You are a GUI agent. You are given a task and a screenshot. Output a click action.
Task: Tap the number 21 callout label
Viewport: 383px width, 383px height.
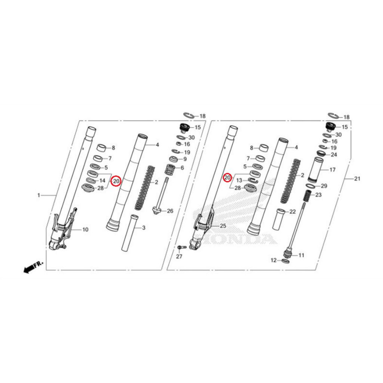[x=357, y=179]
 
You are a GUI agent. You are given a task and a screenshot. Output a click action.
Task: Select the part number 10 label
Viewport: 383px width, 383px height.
[x=85, y=229]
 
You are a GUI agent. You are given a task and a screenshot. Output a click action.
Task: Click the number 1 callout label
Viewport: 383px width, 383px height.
[x=39, y=195]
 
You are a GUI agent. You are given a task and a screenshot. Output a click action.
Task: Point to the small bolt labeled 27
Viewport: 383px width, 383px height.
[x=182, y=248]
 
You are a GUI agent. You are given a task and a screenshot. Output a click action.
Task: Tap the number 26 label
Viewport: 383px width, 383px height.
[x=170, y=211]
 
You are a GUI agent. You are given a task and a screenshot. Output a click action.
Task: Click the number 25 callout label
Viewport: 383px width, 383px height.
[x=223, y=226]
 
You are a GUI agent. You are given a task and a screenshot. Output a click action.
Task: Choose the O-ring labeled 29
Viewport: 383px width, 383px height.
[x=310, y=186]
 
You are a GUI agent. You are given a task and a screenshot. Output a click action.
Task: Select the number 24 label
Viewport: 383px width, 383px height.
[x=334, y=154]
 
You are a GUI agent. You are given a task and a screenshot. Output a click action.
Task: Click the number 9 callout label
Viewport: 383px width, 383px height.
[x=184, y=159]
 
